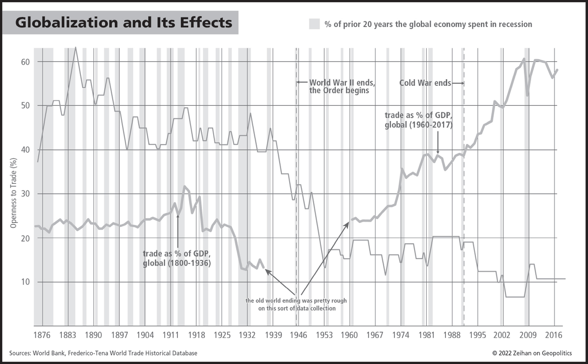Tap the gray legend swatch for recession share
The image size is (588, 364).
(x=314, y=24)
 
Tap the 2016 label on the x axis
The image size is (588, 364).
(x=554, y=336)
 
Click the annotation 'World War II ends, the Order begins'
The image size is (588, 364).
(x=342, y=87)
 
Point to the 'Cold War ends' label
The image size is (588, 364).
(x=425, y=83)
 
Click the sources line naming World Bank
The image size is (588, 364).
(x=103, y=353)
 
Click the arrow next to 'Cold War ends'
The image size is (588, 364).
(x=458, y=83)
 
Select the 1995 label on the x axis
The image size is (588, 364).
(x=478, y=336)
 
